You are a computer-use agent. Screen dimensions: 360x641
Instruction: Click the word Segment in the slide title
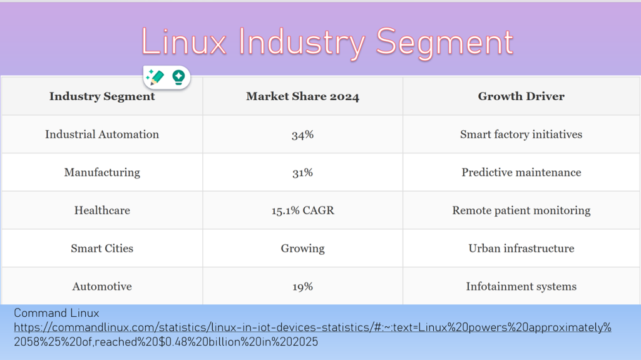point(444,43)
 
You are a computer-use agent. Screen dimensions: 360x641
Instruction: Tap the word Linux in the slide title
point(183,43)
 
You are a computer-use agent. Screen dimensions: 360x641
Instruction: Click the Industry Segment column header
point(102,96)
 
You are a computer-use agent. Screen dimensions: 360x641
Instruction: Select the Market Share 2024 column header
point(302,96)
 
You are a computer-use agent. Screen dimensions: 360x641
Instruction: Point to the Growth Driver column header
point(521,96)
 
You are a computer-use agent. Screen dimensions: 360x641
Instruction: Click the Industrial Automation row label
point(102,135)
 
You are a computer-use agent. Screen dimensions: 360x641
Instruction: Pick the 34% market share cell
point(302,135)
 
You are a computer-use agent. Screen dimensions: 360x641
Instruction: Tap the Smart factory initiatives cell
point(521,135)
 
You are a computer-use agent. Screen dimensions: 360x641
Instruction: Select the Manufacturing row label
point(102,172)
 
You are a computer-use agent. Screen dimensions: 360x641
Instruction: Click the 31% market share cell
point(302,172)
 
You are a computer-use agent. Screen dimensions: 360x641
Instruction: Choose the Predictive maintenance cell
point(521,172)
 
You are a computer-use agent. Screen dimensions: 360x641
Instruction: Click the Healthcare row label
point(102,210)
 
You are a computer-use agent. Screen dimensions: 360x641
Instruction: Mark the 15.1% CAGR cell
point(302,210)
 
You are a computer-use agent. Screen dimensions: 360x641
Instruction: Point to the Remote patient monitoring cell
point(521,210)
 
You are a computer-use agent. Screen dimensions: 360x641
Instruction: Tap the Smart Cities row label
point(102,249)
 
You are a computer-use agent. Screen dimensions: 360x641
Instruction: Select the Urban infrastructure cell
point(521,249)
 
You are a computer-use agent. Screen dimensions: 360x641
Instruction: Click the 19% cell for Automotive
point(302,287)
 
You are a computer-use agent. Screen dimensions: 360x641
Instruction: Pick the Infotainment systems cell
point(521,287)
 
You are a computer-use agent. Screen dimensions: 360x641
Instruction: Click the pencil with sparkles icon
point(155,78)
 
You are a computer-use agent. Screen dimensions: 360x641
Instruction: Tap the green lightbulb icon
point(178,78)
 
